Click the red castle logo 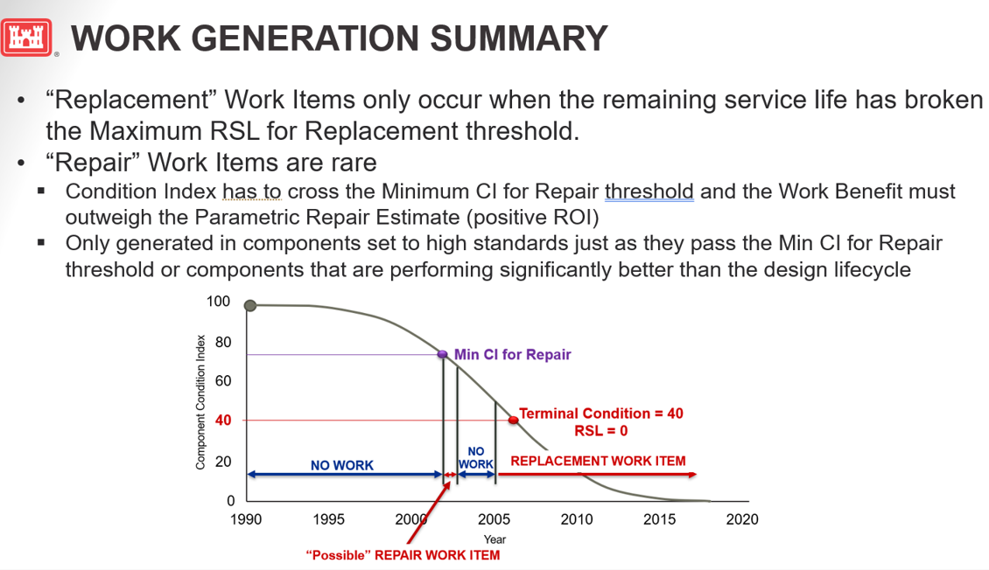(28, 38)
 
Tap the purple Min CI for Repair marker (443, 354)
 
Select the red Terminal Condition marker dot (514, 420)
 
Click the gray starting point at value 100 (250, 305)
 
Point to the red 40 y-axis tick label (223, 421)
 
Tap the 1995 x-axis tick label (329, 519)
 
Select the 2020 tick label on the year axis (742, 519)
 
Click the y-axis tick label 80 (223, 342)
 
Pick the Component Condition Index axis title (200, 401)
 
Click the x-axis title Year (494, 539)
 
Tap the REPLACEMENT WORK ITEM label (598, 461)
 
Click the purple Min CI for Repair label (512, 354)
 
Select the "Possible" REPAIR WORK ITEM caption (403, 555)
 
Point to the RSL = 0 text (601, 430)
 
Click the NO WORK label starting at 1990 (342, 465)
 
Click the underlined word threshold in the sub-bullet (649, 191)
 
